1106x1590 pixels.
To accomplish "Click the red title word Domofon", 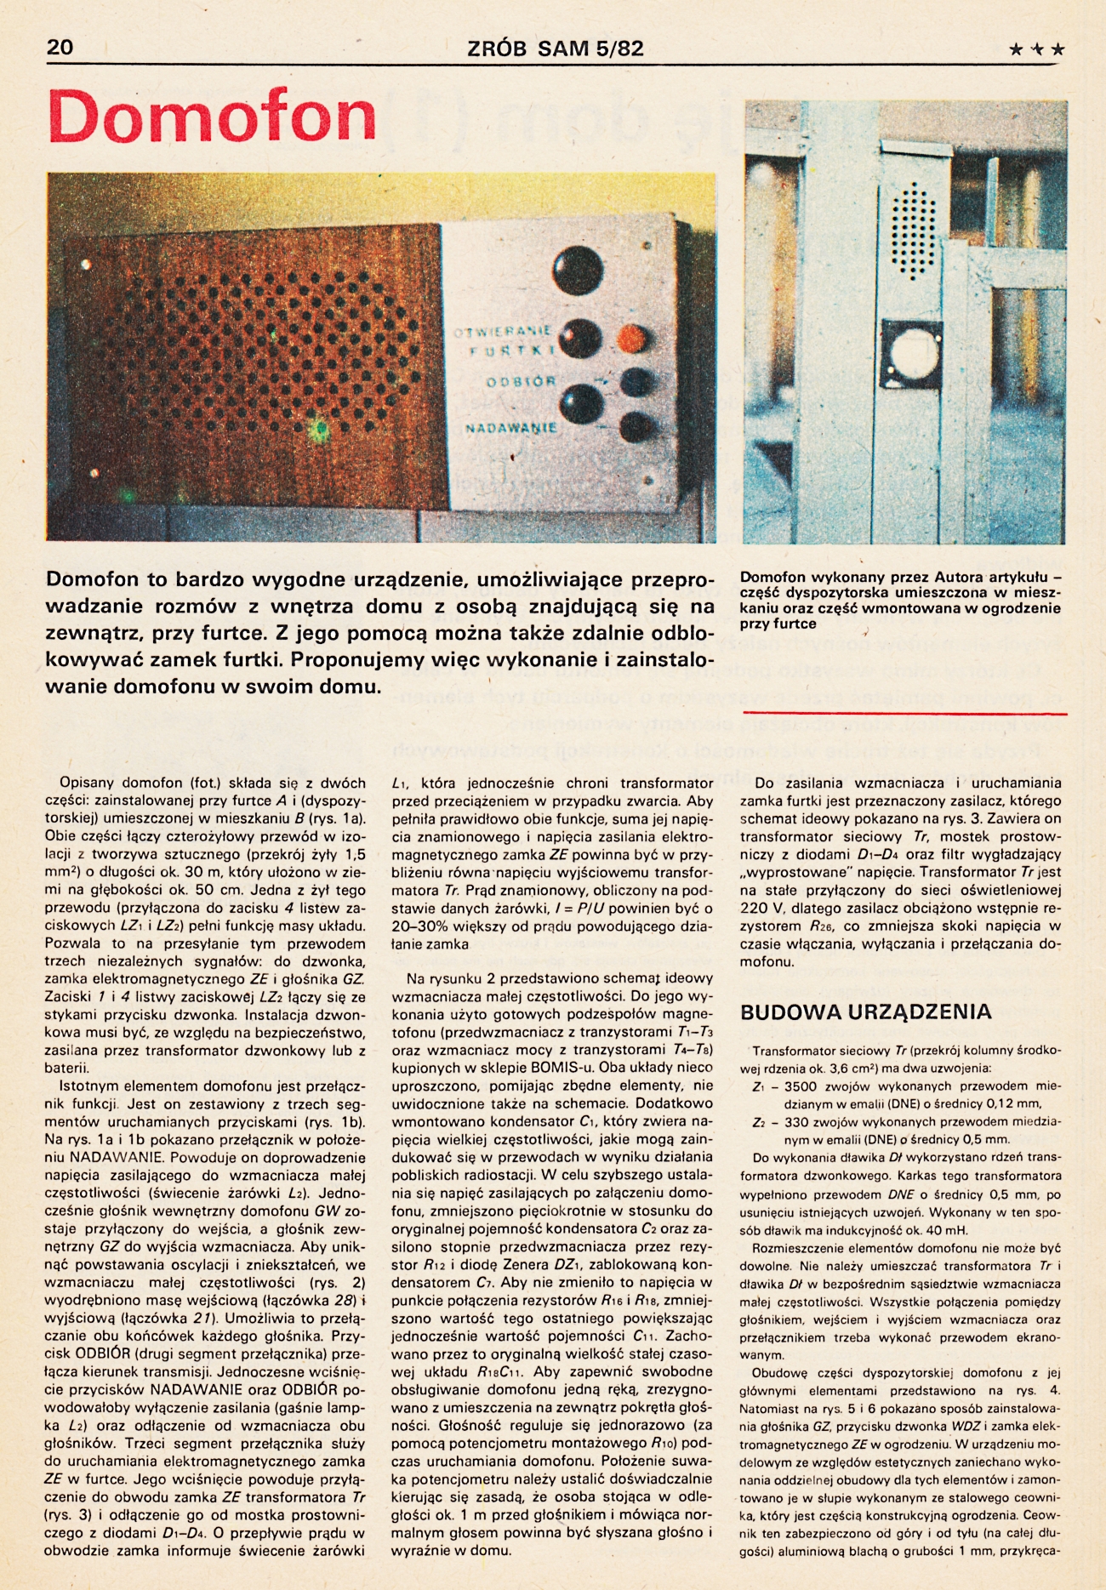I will [x=213, y=117].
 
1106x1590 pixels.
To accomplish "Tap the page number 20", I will [x=60, y=48].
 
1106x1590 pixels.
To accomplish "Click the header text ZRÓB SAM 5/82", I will [x=555, y=48].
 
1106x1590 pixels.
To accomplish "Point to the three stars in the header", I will [x=1036, y=49].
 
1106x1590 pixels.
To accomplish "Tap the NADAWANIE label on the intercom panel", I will [x=510, y=428].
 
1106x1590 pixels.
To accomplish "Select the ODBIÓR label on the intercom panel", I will [x=521, y=382].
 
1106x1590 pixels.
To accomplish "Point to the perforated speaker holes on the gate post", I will [x=913, y=230].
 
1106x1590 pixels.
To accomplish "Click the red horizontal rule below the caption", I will [x=904, y=712].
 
